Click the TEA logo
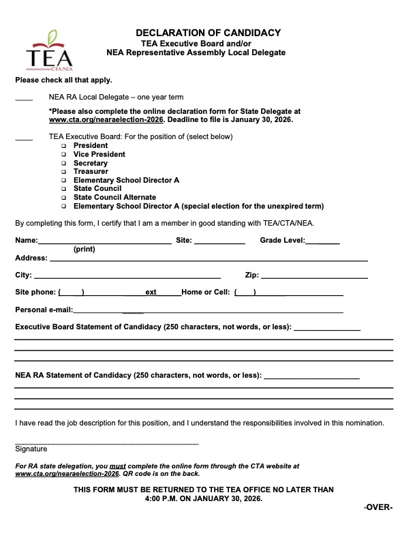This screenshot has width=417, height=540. point(49,51)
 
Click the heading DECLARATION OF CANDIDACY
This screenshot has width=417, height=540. point(208,33)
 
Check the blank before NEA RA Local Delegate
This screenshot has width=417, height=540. point(24,100)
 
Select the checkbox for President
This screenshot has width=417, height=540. point(63,146)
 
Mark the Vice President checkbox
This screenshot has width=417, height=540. point(63,155)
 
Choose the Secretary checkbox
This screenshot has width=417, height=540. point(63,164)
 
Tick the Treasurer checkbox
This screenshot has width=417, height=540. point(63,172)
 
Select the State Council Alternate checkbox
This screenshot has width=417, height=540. point(63,198)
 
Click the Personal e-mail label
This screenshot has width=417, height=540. point(44,310)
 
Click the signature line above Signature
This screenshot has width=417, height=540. point(107,443)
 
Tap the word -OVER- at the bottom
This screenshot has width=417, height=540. point(378,507)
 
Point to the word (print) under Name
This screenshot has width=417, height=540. point(84,250)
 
